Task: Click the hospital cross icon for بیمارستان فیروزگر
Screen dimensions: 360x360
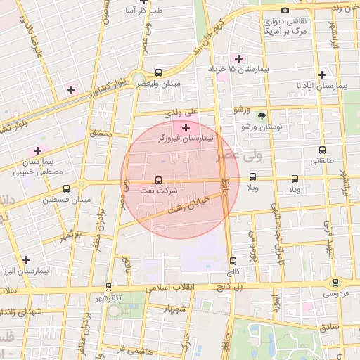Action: [x=186, y=127]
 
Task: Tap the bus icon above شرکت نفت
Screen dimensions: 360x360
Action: [x=157, y=179]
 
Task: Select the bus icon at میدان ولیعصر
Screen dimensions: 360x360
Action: [x=158, y=72]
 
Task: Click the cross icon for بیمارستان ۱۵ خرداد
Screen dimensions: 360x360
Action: [x=238, y=58]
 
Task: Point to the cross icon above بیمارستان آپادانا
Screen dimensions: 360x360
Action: [x=321, y=75]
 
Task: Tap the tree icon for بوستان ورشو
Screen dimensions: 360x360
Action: [x=262, y=116]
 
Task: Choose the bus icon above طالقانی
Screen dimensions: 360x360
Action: [x=322, y=150]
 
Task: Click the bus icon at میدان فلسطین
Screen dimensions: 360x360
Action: [x=66, y=188]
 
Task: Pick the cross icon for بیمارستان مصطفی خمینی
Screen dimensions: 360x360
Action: [x=37, y=150]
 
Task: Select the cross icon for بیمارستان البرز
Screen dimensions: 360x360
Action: [x=26, y=259]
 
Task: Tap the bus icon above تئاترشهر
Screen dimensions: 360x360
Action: [x=108, y=287]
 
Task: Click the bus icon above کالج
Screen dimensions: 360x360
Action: [x=233, y=260]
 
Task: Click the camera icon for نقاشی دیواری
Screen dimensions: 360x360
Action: [x=285, y=10]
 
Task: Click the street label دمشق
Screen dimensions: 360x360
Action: [x=101, y=132]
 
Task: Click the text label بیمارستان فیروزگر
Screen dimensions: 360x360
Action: [x=186, y=140]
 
